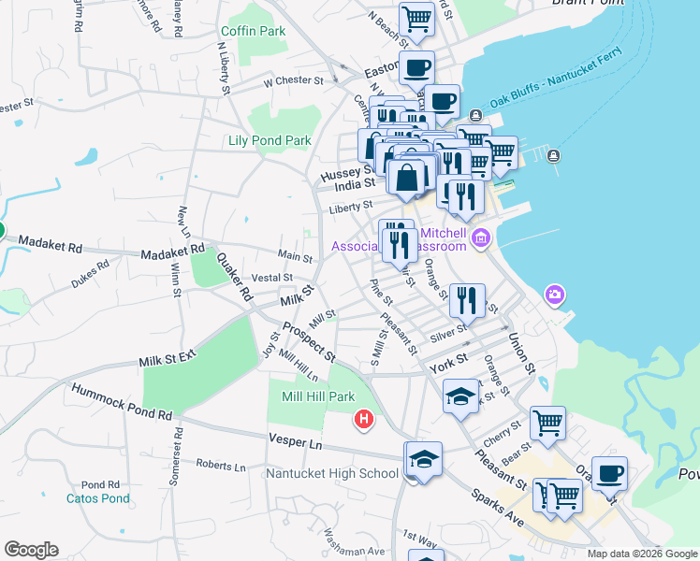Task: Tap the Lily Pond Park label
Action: point(270,141)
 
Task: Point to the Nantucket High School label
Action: point(332,473)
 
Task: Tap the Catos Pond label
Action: point(97,498)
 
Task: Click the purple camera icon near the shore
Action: point(555,296)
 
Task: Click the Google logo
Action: point(31,549)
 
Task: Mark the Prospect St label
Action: point(309,342)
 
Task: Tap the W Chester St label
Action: point(293,81)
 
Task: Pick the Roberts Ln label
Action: point(221,465)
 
